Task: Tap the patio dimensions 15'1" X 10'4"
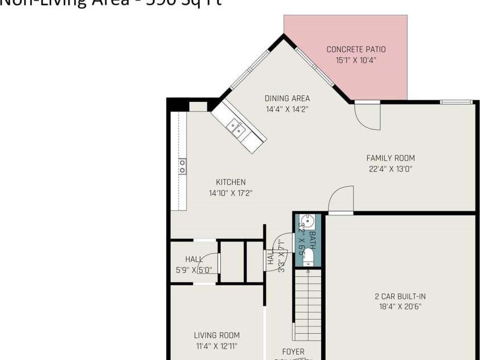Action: tap(356, 60)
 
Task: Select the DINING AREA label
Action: tap(287, 99)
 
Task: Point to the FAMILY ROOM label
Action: tap(390, 158)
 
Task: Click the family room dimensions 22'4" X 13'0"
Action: tap(390, 169)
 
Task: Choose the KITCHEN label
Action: tap(231, 182)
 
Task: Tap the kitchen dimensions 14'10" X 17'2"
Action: tap(231, 193)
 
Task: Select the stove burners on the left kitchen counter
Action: tap(182, 166)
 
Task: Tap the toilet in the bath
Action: tap(309, 257)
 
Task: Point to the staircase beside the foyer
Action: tap(307, 305)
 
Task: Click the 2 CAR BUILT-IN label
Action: tap(400, 296)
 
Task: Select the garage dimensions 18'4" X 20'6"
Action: tap(400, 306)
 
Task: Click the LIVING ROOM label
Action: tap(216, 336)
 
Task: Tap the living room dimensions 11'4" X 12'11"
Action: tap(216, 346)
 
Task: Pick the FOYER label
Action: tap(293, 352)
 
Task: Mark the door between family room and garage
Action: tap(340, 201)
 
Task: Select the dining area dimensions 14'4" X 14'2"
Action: tap(287, 109)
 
